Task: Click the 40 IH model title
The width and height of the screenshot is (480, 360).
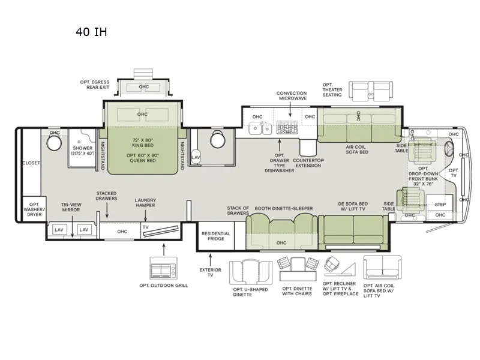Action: click(91, 32)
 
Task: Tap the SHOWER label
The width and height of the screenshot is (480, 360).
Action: click(83, 148)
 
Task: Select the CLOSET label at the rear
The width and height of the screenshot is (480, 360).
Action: click(31, 163)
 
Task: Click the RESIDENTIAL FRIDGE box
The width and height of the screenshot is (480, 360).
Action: click(216, 236)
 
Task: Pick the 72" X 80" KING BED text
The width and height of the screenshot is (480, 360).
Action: click(143, 143)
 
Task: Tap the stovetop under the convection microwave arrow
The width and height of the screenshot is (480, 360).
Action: click(287, 127)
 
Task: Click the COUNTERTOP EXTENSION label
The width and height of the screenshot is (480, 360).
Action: click(308, 163)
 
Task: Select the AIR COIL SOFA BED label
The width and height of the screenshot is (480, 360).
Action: click(357, 149)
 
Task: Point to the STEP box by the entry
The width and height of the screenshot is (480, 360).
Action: click(440, 203)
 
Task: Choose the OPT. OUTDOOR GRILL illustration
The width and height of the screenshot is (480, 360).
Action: click(163, 268)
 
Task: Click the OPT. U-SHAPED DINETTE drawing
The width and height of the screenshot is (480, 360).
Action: click(251, 272)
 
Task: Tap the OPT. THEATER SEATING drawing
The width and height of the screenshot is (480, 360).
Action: click(371, 91)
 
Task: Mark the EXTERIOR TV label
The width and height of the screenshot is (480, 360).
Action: click(211, 272)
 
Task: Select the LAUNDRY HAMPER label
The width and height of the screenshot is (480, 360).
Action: click(145, 203)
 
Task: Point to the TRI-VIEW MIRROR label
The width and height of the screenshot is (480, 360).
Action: click(71, 207)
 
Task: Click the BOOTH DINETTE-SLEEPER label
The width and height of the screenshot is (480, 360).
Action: click(284, 208)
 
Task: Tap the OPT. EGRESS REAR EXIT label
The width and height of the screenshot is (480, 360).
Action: click(95, 85)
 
